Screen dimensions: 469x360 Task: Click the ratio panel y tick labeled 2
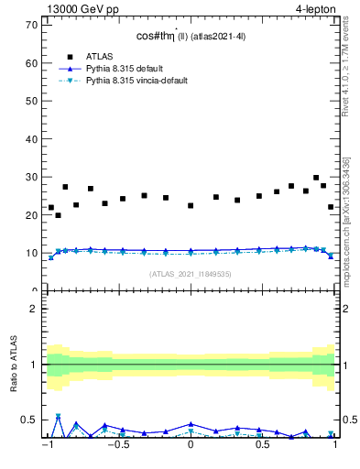coord(34,309)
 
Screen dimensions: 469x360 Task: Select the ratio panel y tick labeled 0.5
coord(29,420)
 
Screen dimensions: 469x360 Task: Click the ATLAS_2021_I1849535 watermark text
coord(190,274)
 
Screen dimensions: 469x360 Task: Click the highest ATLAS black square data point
coord(316,178)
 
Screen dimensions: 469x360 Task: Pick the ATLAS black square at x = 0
coord(191,205)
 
